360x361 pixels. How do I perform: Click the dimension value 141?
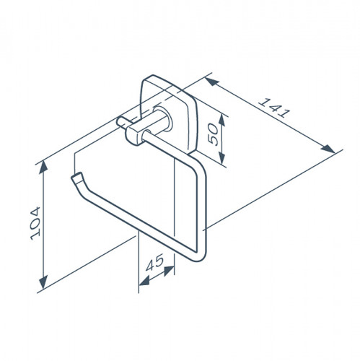click(x=274, y=108)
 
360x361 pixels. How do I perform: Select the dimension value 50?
click(x=214, y=134)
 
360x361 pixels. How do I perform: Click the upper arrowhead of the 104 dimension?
click(x=43, y=167)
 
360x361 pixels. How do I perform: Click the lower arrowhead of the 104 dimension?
click(x=43, y=282)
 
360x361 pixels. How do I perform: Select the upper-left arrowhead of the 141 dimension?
click(x=211, y=82)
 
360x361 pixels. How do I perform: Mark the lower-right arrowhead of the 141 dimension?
click(x=328, y=149)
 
